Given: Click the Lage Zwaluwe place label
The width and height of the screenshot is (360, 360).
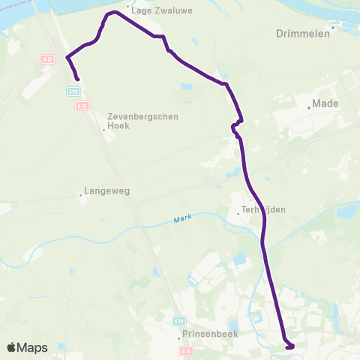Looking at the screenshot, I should coord(157,11).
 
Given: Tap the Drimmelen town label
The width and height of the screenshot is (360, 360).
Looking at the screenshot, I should coord(303,34).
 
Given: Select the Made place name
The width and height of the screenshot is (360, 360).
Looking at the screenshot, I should coord(325,103).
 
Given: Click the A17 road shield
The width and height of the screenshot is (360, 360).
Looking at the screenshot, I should coord(48,58).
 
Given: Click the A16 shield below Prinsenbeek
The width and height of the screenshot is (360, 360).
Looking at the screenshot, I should coord(187,350).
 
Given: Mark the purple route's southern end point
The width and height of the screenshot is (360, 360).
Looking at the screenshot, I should coord(289,346).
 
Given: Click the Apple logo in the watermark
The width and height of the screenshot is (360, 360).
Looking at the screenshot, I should coord(12,347).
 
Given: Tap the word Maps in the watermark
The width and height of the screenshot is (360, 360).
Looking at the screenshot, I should coord(32,347).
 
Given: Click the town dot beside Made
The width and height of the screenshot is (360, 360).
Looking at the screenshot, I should coord(309,107).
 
